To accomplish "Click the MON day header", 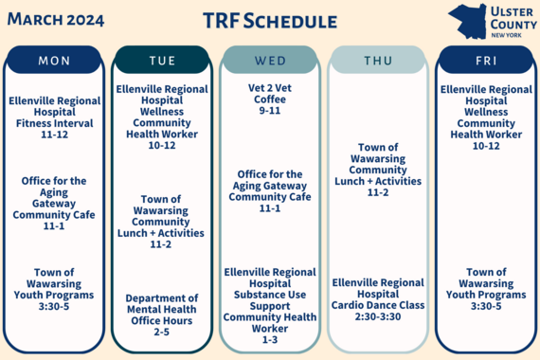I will pos(54,61).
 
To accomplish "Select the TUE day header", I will pos(162,61).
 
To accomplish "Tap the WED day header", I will pos(270,61).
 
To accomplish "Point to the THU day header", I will pos(378,61).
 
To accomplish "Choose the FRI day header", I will pos(486,61).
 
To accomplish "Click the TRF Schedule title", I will pos(270,20).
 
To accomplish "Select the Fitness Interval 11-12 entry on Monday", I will pos(54,118).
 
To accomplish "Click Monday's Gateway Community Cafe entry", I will pos(54,204).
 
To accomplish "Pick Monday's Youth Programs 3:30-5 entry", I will pos(54,289).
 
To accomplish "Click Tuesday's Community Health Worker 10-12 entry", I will pos(162,117).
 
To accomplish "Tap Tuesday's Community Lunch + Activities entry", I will pos(162,222).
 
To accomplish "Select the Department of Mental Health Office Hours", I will pos(162,315).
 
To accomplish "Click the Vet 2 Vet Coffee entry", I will pos(270,97).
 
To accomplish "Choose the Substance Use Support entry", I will pos(270,305).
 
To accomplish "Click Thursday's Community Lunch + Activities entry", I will pos(378,170).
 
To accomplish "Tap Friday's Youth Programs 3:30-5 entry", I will pos(486,289).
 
